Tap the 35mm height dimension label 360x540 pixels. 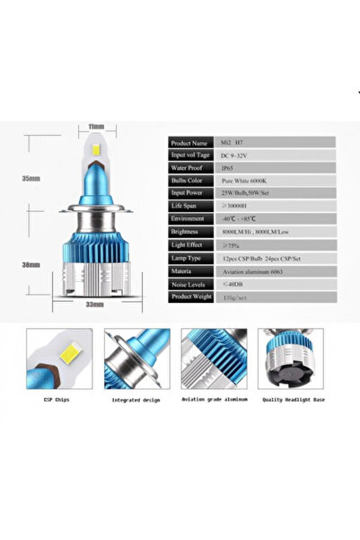pyautogui.click(x=34, y=179)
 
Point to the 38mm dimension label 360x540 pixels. pyautogui.click(x=34, y=265)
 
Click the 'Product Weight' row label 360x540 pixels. pyautogui.click(x=193, y=295)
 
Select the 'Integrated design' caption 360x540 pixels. pyautogui.click(x=137, y=399)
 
